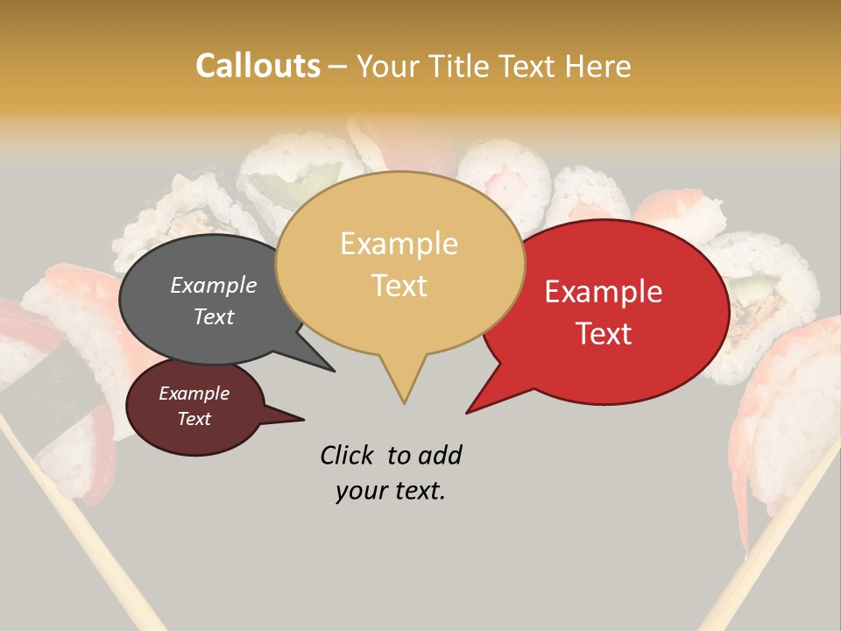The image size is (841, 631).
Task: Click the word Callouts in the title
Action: point(258,67)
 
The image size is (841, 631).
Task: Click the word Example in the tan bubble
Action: point(399,244)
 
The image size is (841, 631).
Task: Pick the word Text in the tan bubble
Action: point(399,285)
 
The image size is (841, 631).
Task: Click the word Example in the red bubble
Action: point(604,292)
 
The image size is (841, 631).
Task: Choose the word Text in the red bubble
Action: point(604,333)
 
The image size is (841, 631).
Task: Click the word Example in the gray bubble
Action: point(214,286)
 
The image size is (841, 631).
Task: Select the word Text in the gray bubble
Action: point(214,316)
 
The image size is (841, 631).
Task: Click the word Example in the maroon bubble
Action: point(194,393)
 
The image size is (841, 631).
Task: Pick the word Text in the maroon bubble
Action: point(194,419)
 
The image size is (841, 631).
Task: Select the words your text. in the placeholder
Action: point(391,491)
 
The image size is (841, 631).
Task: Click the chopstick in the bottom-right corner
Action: point(762,561)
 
